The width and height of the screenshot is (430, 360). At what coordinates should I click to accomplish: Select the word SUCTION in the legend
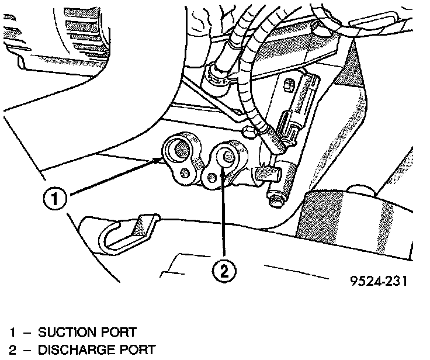tap(65, 333)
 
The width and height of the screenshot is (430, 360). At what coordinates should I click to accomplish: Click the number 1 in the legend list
tap(12, 333)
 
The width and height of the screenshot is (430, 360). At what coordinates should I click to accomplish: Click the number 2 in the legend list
tap(12, 350)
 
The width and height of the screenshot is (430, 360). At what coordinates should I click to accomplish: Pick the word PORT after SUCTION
tap(117, 333)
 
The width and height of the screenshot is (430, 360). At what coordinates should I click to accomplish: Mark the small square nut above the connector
tap(287, 86)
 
